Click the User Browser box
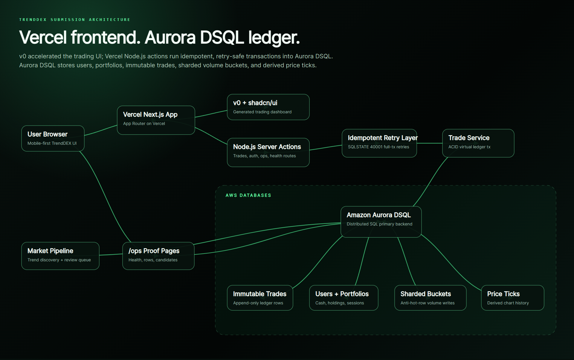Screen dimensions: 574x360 pos(53,138)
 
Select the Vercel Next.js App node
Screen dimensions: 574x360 pos(156,120)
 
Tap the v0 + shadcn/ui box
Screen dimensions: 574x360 pos(268,107)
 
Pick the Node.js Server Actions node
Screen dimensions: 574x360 pos(268,152)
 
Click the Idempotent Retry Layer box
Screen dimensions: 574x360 pos(379,143)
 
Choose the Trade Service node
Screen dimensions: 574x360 pos(478,143)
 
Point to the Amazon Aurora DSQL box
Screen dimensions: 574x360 pos(381,222)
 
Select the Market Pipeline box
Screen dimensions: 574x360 pos(60,256)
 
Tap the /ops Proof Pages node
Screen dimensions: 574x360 pos(158,256)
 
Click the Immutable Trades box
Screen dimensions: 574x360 pos(260,298)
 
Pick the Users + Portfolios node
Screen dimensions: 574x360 pos(344,298)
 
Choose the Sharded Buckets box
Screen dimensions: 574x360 pos(430,298)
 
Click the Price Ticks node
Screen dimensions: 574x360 pos(513,298)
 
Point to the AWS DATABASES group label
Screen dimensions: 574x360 pos(248,195)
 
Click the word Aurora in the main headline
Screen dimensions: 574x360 pos(170,38)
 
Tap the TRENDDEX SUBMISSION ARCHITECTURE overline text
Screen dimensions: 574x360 pos(75,20)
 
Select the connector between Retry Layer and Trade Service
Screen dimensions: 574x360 pos(430,143)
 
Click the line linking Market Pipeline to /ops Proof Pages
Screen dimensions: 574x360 pos(111,254)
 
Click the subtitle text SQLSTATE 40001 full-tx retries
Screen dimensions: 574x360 pos(378,147)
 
